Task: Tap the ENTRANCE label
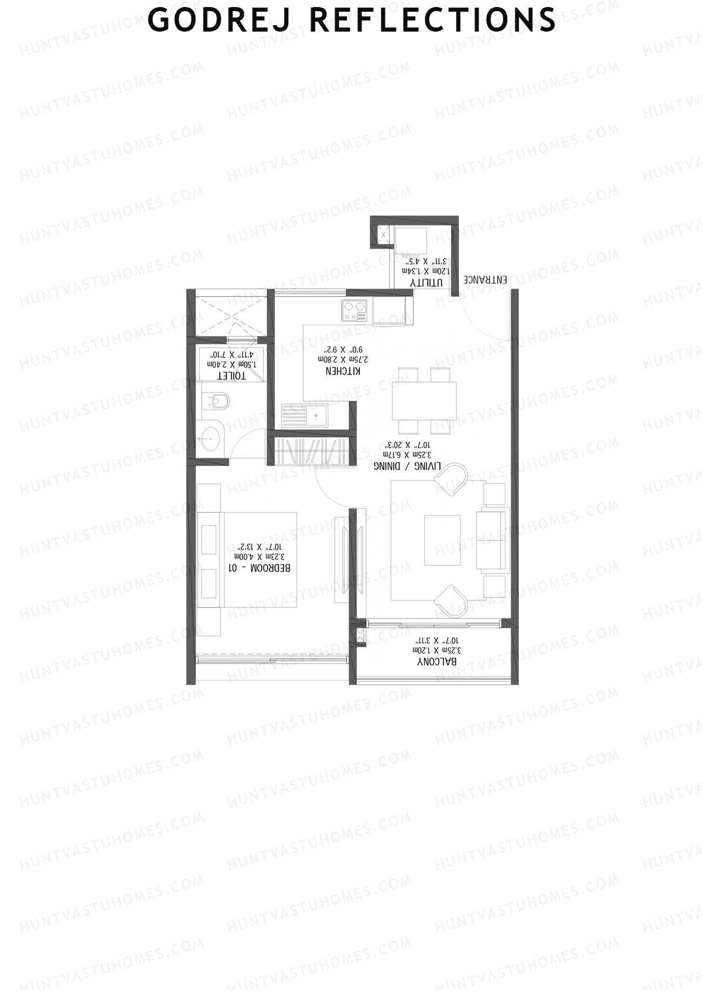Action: (x=486, y=280)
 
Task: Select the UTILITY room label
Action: (x=426, y=283)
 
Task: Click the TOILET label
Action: (x=232, y=375)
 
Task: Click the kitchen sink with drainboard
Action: (x=305, y=417)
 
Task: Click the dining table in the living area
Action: (x=424, y=400)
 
